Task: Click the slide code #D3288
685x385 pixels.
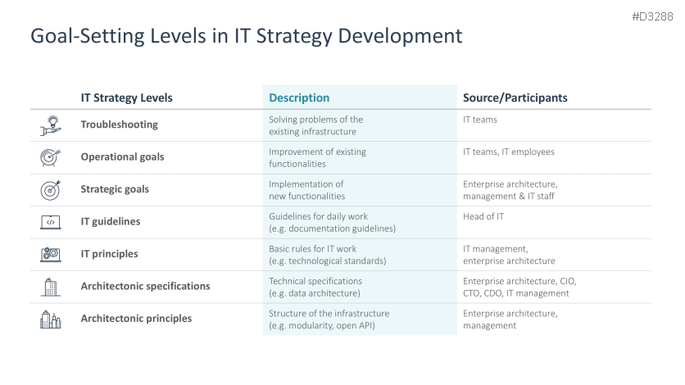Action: [x=653, y=16]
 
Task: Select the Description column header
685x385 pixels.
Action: [x=299, y=97]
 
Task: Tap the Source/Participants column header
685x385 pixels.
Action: [x=515, y=97]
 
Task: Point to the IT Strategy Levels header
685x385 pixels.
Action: [x=126, y=97]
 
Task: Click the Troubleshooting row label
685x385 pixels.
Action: [x=119, y=125]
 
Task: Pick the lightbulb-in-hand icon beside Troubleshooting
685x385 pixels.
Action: [x=51, y=125]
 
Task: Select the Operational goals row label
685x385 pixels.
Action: [x=122, y=156]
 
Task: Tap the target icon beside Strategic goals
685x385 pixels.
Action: [x=51, y=189]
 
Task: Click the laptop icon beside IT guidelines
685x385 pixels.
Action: [x=51, y=221]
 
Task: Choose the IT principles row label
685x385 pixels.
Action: [x=109, y=254]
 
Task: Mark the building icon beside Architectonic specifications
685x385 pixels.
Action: [x=51, y=286]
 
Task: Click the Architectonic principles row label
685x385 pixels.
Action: [x=136, y=319]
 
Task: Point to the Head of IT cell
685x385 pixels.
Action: [x=483, y=216]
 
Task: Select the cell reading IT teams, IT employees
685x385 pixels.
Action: [x=508, y=152]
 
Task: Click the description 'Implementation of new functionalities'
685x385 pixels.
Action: [x=306, y=190]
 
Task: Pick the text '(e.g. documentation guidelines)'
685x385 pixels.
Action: [x=332, y=229]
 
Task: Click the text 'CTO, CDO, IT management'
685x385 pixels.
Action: [x=515, y=293]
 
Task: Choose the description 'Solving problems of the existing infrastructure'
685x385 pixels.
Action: [x=315, y=125]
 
